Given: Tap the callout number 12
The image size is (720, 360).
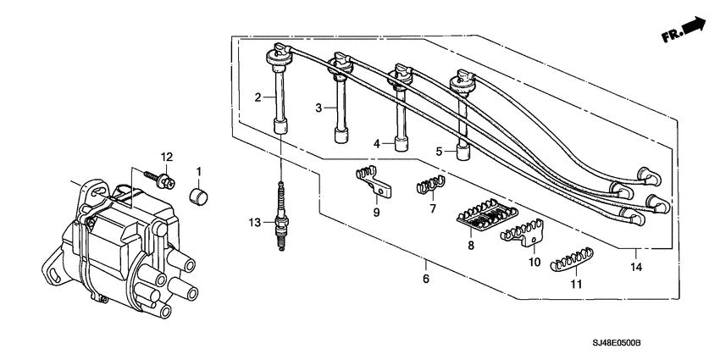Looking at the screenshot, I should (x=167, y=158).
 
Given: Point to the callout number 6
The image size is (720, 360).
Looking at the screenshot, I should (x=426, y=278).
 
